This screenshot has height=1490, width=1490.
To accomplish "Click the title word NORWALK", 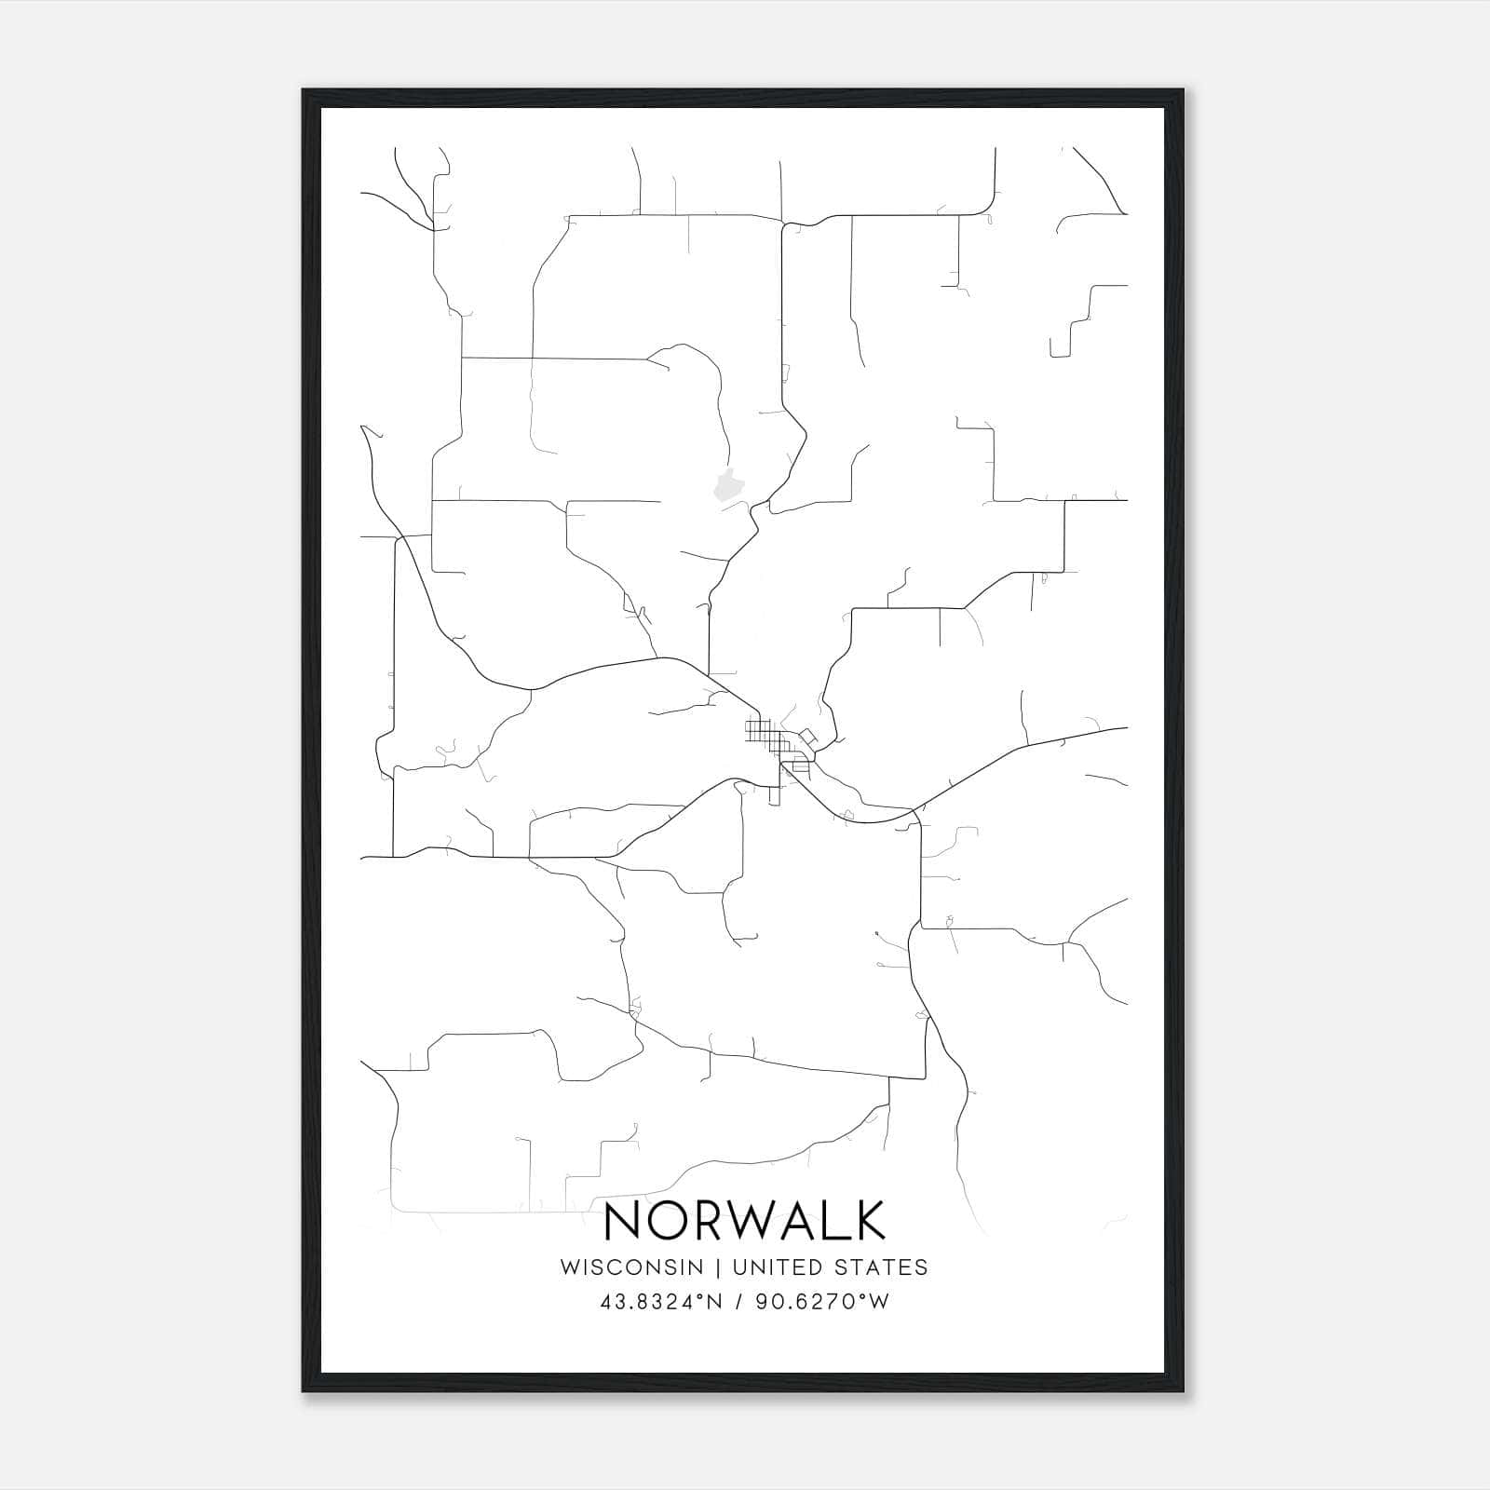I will point(745,1220).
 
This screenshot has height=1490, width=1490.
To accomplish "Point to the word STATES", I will point(881,1267).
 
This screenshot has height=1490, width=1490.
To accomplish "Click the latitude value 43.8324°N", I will point(661,1302).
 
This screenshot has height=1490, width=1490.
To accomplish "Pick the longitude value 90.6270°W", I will point(820,1302).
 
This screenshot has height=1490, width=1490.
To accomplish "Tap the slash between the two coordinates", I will point(739,1302).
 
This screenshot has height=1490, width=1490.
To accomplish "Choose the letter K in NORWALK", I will point(868,1220).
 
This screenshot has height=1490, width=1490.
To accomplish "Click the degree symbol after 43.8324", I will point(699,1296).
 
